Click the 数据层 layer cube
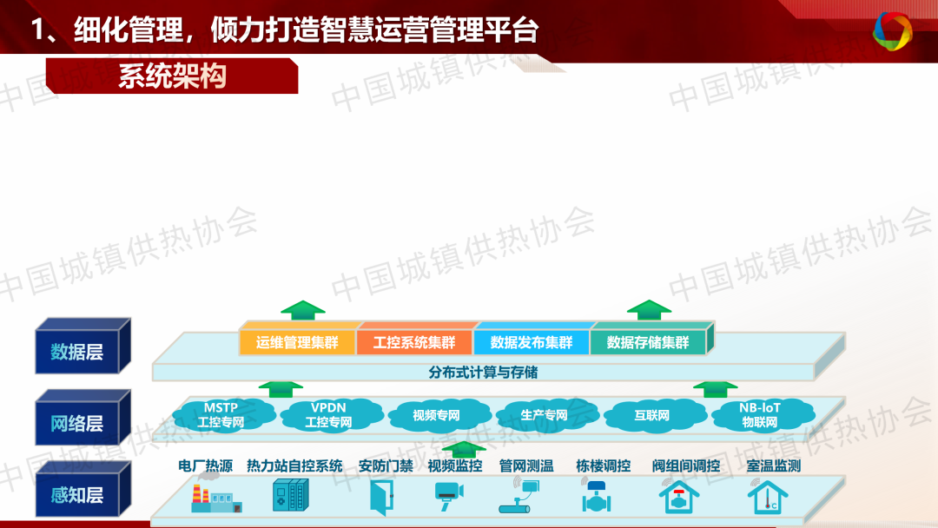[x=83, y=347]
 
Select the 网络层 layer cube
[x=83, y=419]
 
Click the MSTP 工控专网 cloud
[x=221, y=414]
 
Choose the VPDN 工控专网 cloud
[x=329, y=414]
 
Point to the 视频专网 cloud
[x=437, y=414]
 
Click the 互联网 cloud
[x=652, y=414]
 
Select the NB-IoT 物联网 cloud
[x=760, y=414]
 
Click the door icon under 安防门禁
[x=381, y=498]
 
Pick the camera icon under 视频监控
[x=449, y=495]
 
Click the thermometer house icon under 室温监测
[x=768, y=498]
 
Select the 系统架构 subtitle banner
[x=172, y=76]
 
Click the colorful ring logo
[x=892, y=30]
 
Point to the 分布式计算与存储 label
[x=483, y=373]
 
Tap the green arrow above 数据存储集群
[x=649, y=310]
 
